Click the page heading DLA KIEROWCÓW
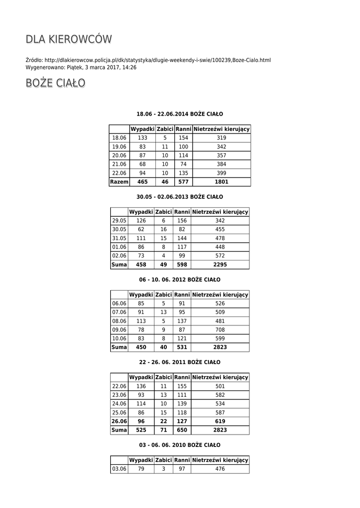(69, 40)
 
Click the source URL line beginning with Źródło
(148, 60)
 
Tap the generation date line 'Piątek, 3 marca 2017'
(81, 67)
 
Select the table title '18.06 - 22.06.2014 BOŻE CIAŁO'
(180, 114)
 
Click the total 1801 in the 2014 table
(221, 182)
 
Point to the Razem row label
(119, 182)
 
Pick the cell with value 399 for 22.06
(221, 173)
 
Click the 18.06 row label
(119, 137)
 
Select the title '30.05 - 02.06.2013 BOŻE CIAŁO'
(180, 196)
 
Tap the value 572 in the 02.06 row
(220, 255)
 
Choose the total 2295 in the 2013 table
(220, 265)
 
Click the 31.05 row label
(119, 238)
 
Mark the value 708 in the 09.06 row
(220, 329)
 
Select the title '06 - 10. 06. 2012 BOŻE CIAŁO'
(180, 280)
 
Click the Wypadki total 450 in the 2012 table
(141, 347)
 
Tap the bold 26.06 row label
(119, 421)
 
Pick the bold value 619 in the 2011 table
(220, 421)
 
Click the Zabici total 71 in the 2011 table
(163, 430)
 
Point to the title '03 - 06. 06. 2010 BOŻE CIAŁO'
(180, 445)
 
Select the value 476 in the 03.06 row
(220, 469)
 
